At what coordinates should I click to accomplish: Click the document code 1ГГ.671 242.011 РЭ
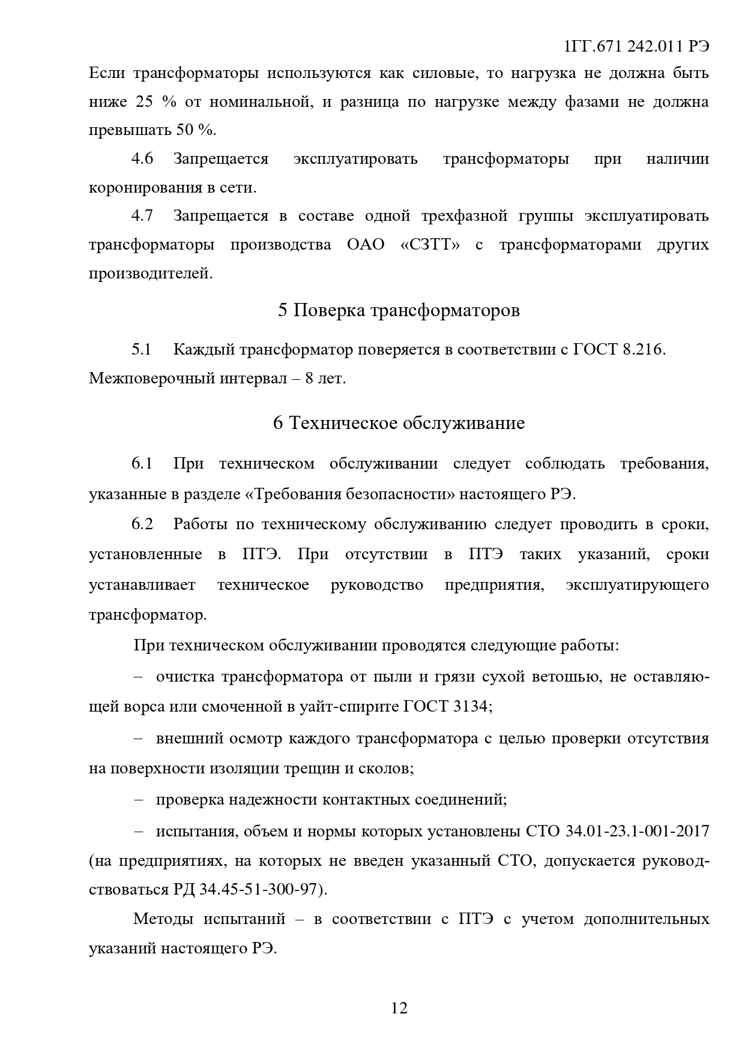click(x=637, y=47)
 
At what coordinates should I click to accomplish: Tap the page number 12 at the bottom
click(x=399, y=1008)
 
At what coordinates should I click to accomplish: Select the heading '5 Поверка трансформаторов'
click(x=399, y=311)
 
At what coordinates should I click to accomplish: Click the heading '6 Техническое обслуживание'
click(x=399, y=423)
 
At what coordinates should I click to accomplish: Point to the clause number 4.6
click(x=142, y=159)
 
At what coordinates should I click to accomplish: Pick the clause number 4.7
click(x=142, y=215)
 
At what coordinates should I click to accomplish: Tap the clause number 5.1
click(x=142, y=349)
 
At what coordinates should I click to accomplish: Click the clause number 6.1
click(x=142, y=464)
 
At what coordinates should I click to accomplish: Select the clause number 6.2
click(x=142, y=524)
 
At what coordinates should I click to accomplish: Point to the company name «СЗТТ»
click(x=430, y=245)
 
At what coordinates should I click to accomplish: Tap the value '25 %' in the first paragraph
click(x=155, y=102)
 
